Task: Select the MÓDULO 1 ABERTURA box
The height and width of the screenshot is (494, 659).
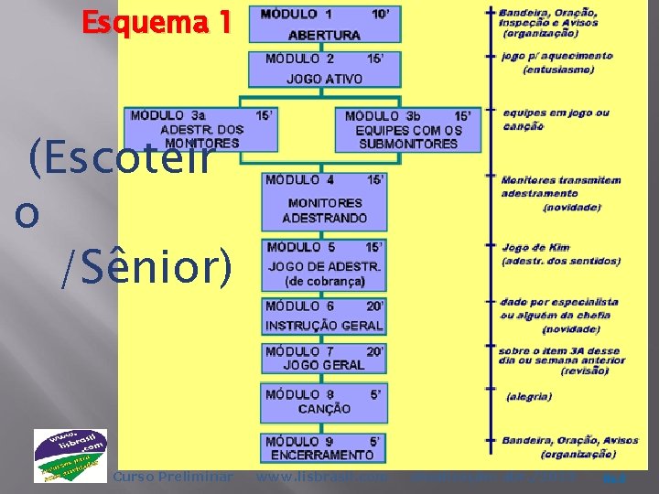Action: [324, 25]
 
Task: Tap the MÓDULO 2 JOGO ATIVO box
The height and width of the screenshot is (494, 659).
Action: [324, 69]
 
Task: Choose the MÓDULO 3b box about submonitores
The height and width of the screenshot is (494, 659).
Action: [408, 129]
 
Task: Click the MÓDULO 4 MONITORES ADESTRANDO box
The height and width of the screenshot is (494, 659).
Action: [324, 200]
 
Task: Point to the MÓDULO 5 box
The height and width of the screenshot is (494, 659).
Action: [324, 263]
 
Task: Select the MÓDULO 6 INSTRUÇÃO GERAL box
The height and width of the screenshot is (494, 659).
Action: [324, 317]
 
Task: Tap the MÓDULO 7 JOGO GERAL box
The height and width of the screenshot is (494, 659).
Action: [324, 358]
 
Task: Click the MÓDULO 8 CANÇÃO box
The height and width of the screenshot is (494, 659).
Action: [324, 402]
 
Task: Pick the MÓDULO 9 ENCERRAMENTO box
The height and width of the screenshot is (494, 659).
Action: [324, 447]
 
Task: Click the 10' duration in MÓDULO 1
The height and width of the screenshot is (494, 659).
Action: [379, 15]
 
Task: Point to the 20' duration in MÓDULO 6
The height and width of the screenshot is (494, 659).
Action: [374, 306]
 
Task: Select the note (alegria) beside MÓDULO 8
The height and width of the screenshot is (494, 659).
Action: [529, 396]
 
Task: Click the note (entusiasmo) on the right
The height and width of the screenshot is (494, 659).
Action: [558, 70]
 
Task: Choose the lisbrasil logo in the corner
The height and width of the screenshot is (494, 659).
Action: [70, 456]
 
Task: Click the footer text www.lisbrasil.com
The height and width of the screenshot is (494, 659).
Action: [321, 477]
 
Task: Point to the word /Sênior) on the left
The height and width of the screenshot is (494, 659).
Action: [146, 266]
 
